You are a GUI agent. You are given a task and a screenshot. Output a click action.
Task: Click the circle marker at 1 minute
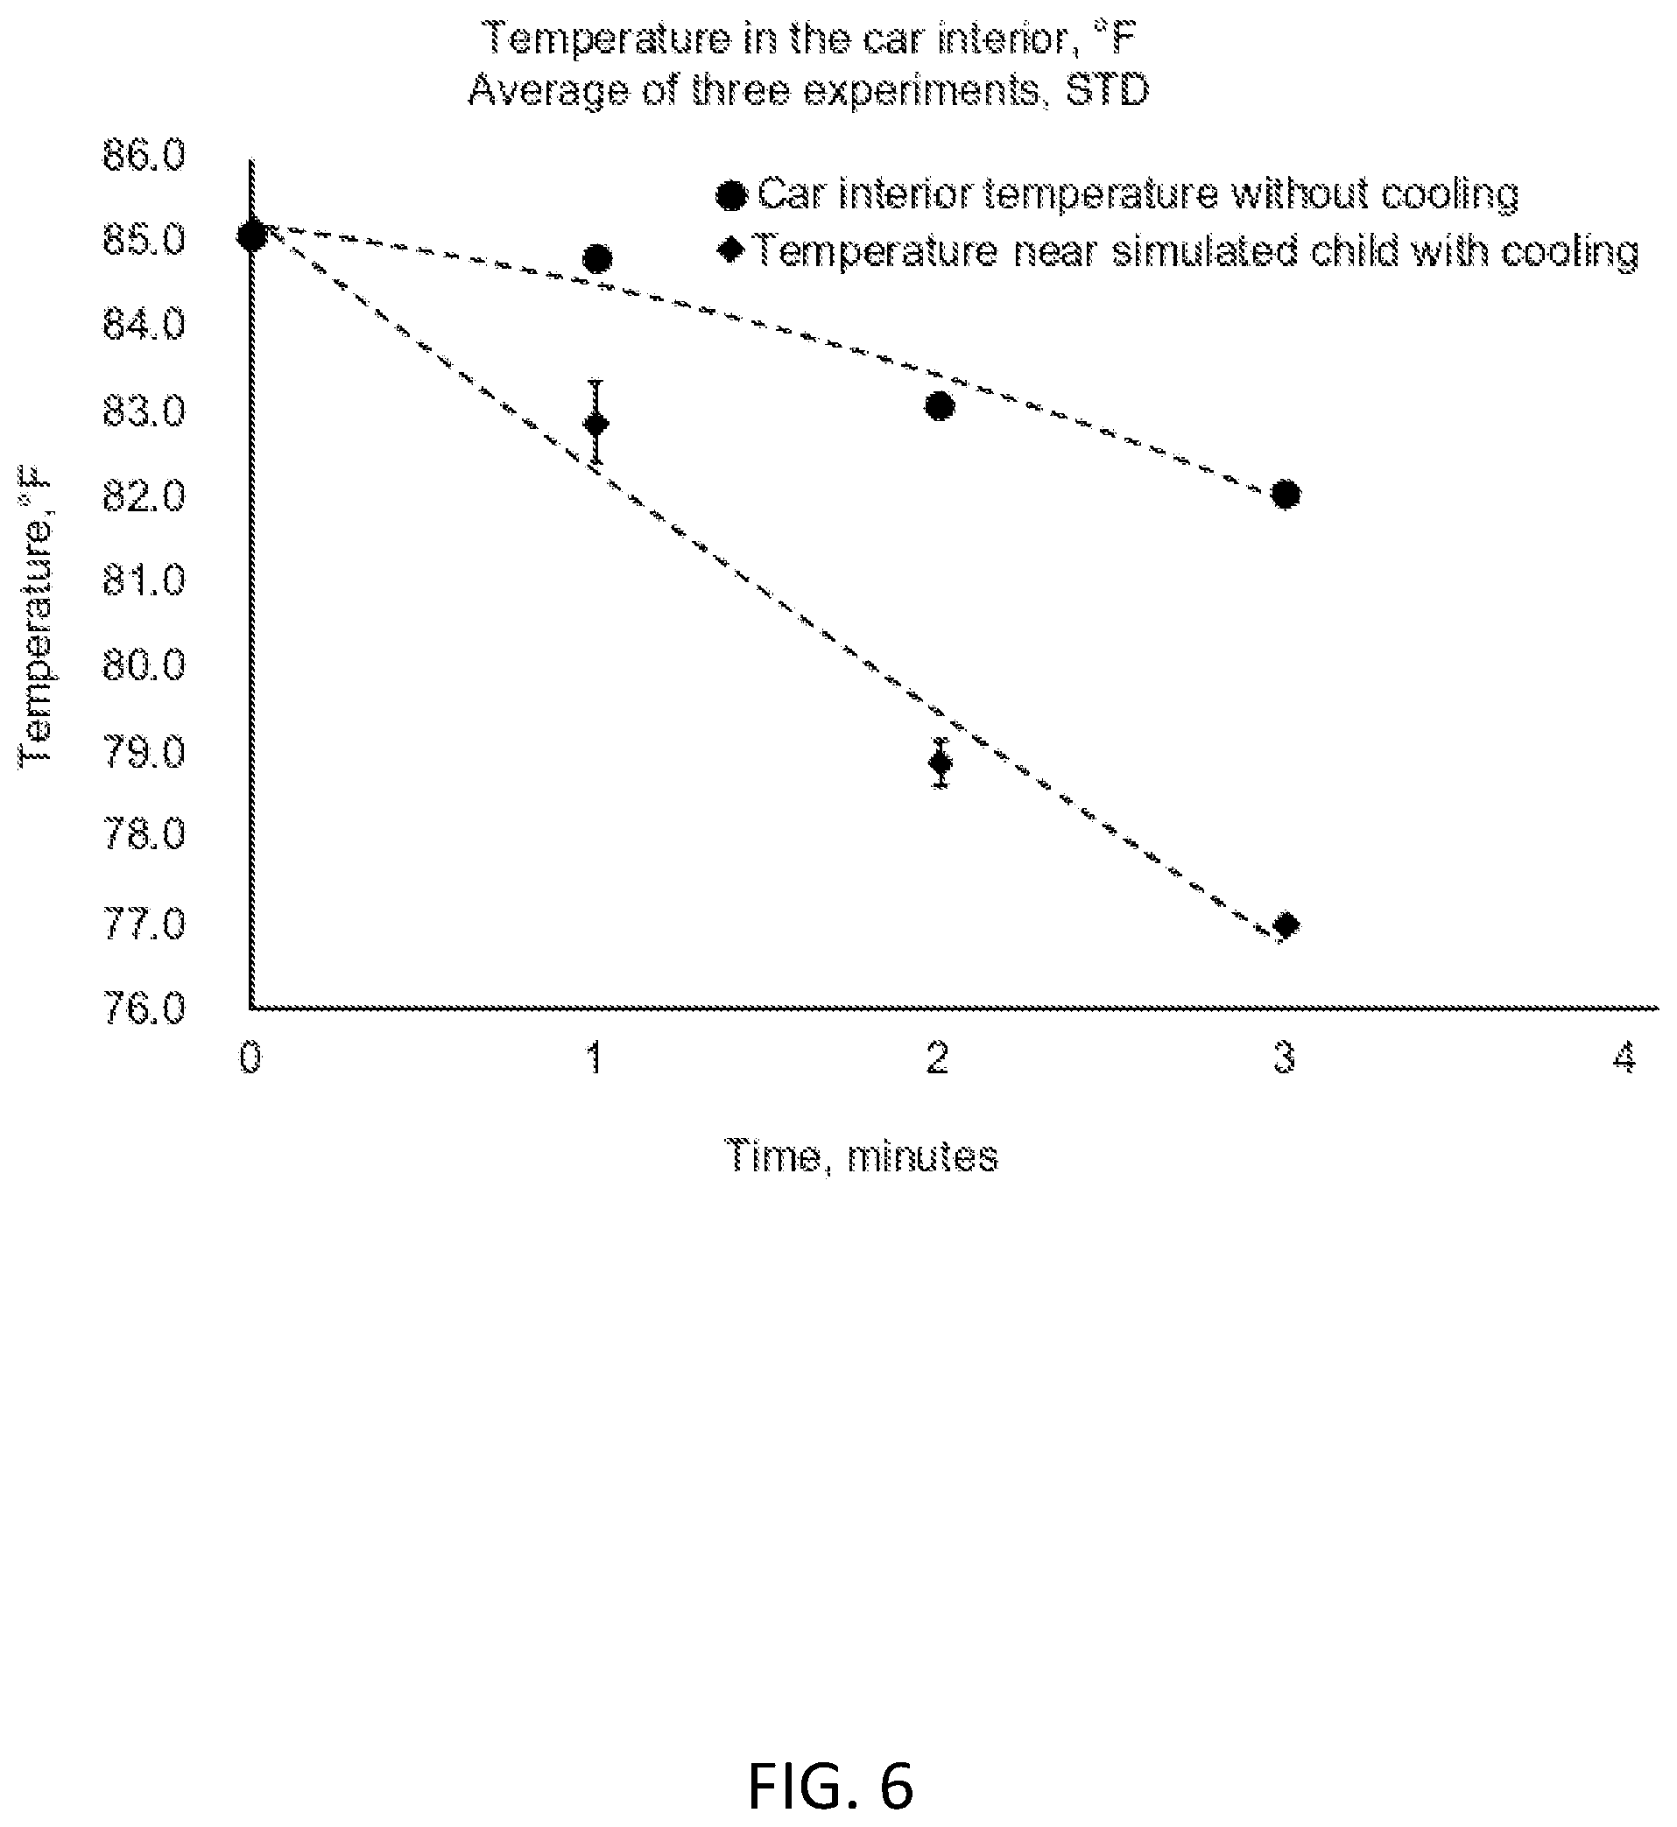click(596, 259)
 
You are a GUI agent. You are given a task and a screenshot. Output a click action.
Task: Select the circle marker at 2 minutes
click(941, 405)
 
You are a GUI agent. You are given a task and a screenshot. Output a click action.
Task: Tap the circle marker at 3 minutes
click(1285, 495)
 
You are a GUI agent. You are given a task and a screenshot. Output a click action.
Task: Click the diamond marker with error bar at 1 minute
click(596, 424)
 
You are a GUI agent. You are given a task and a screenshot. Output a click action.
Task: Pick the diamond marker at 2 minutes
click(941, 762)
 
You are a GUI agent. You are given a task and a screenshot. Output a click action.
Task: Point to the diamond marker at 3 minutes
click(1286, 925)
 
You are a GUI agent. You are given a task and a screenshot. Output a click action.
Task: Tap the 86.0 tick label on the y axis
click(144, 156)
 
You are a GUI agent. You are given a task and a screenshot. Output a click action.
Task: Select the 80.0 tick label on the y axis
click(144, 666)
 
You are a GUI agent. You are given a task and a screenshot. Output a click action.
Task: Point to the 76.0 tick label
click(144, 1008)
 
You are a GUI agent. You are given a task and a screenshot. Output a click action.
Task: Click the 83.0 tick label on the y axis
click(144, 411)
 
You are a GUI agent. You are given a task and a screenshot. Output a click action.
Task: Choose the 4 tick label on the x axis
click(1624, 1058)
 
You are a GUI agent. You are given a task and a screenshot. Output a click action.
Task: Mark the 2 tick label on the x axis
click(937, 1058)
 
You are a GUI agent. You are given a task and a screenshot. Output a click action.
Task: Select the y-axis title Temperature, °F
click(36, 616)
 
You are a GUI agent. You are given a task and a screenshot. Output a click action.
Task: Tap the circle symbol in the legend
click(731, 195)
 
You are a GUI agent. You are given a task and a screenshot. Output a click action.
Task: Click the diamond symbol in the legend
click(731, 249)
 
